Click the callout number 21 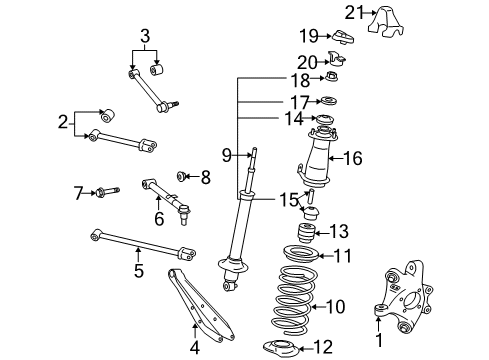pos(353,13)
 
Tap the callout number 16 pos(353,158)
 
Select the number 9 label pos(227,155)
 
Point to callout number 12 pos(323,347)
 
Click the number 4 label pos(195,348)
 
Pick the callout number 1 pos(379,340)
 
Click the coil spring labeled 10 pos(293,300)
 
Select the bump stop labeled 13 pos(306,233)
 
